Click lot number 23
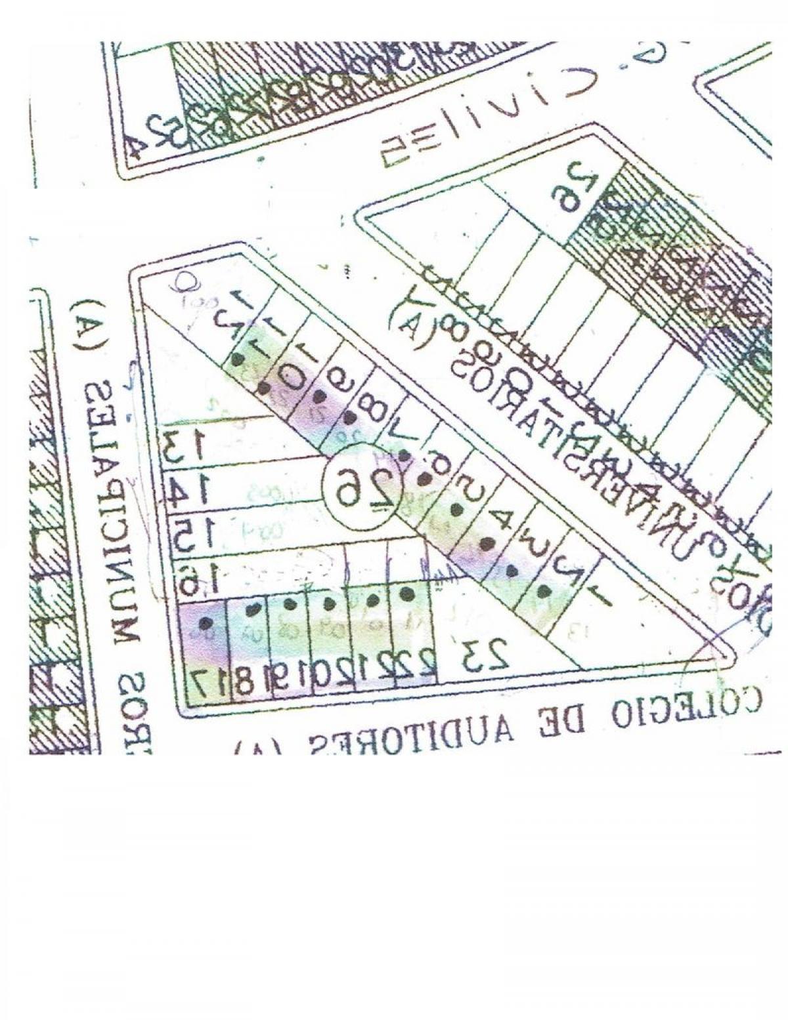(x=485, y=655)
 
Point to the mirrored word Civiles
(x=486, y=118)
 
